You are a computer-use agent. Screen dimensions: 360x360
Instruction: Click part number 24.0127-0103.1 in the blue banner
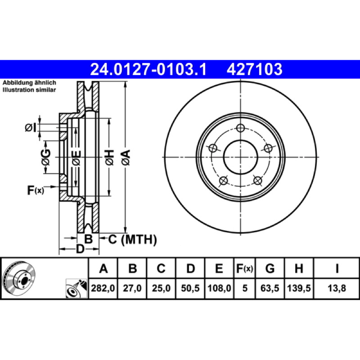tap(148, 69)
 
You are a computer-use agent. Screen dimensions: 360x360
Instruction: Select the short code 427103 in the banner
tap(254, 69)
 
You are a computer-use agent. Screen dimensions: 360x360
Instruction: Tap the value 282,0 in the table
tap(103, 288)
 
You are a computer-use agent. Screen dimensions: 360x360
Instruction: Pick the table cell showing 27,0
tap(132, 288)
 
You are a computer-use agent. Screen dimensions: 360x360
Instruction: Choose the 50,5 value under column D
tap(190, 288)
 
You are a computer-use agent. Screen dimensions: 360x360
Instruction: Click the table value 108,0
tap(219, 288)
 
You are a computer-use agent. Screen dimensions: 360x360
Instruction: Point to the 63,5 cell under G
tap(270, 288)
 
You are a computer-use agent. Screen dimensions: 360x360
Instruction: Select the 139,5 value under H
tap(299, 288)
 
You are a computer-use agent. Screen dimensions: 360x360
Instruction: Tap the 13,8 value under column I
tap(337, 288)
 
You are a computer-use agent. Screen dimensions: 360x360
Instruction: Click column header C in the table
tap(161, 268)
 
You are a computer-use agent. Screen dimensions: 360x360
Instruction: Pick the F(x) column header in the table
tap(245, 268)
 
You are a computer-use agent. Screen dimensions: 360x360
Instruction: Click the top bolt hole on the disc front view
tap(240, 128)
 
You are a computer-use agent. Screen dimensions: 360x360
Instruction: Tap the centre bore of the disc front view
tap(240, 157)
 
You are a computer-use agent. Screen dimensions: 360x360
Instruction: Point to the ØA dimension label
tap(126, 157)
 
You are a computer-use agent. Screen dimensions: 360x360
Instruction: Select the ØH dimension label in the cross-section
tap(110, 157)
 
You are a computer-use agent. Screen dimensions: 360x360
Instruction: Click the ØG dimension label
tap(46, 157)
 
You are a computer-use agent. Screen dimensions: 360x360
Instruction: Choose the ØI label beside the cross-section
tap(31, 128)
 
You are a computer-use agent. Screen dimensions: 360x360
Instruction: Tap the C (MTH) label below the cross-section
tap(132, 240)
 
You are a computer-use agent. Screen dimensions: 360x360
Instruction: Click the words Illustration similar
tap(29, 90)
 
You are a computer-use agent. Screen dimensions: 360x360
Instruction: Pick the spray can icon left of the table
tap(76, 288)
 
